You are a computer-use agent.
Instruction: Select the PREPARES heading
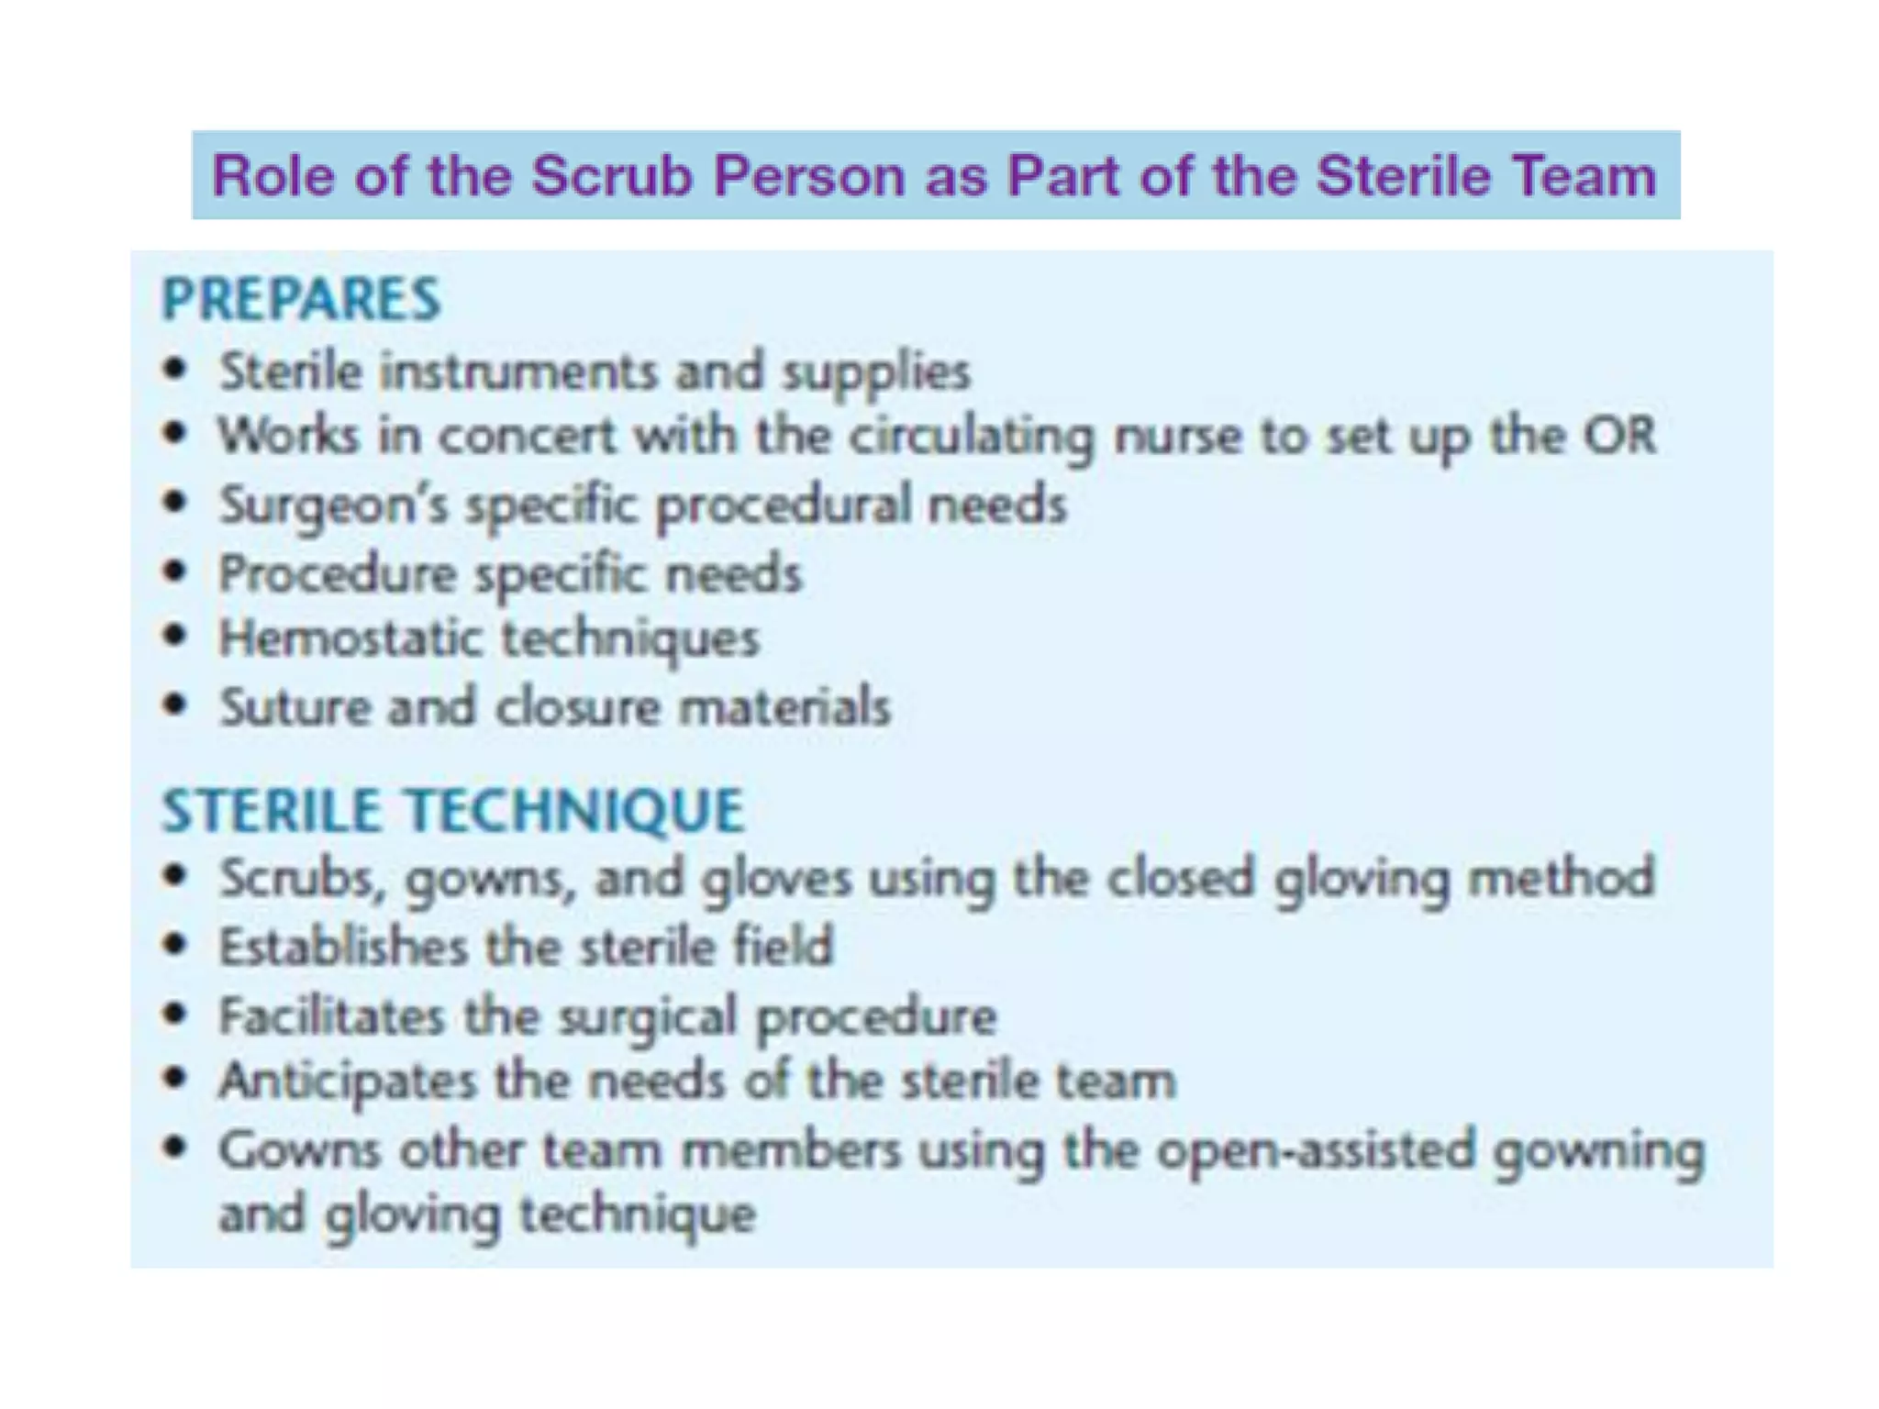coord(301,299)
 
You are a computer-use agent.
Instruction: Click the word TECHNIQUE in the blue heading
coord(575,811)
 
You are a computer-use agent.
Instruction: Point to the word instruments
coord(518,372)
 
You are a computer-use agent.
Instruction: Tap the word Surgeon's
coord(333,505)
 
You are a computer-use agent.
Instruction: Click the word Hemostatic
coord(350,638)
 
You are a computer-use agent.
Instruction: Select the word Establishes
coord(343,946)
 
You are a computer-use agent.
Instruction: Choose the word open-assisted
coord(1314,1150)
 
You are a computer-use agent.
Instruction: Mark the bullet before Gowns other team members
coord(174,1147)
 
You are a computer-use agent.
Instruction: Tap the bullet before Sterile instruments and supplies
coord(174,370)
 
